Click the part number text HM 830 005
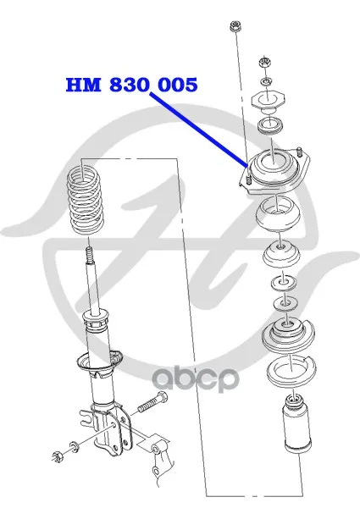pos(131,85)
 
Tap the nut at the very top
pos(235,26)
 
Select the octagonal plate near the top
pos(268,101)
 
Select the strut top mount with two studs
pos(274,170)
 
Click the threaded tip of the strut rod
pos(90,256)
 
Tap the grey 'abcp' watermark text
pos(196,379)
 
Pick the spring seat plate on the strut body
pos(99,362)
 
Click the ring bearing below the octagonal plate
pos(270,125)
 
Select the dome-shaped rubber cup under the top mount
pos(277,214)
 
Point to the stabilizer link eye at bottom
pos(155,449)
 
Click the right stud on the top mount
pos(300,152)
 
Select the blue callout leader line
pos(198,129)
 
